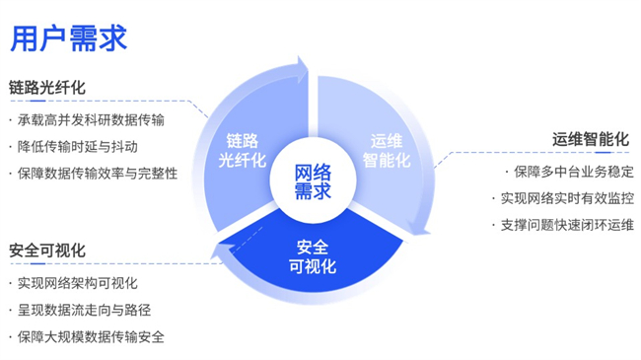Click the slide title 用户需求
pos(68,37)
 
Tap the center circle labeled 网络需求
pos(313,180)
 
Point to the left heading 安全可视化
pos(48,250)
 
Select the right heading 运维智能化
pos(590,139)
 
